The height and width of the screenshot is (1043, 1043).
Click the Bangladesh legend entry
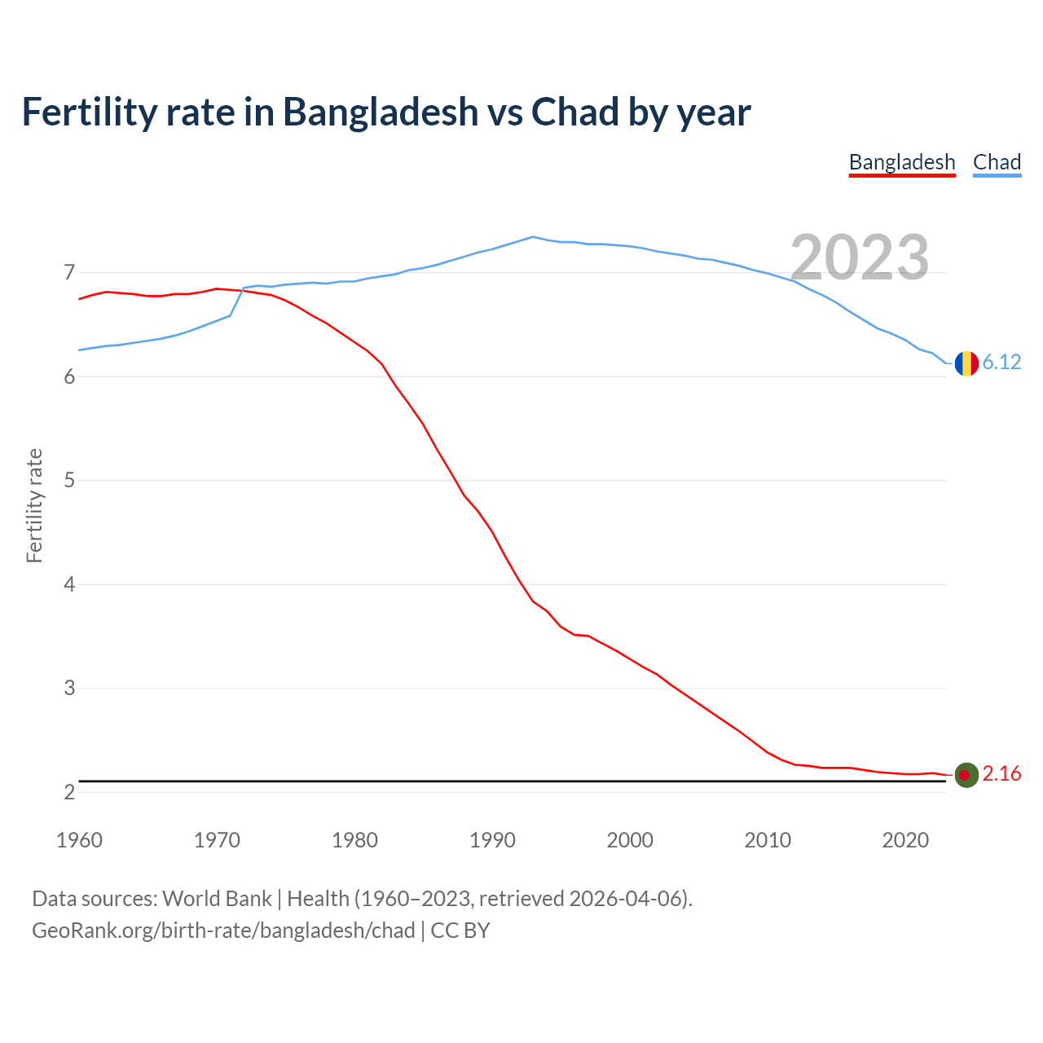pos(902,162)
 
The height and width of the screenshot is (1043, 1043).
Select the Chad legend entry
pos(997,162)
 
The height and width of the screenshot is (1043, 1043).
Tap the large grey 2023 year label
pos(860,257)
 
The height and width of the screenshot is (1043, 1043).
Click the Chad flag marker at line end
pos(966,363)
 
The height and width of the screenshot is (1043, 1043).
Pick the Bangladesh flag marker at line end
pos(966,775)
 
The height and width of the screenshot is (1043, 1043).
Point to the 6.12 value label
pos(1001,363)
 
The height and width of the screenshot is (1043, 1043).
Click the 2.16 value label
pos(1001,774)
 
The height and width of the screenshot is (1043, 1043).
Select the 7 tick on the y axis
pos(69,272)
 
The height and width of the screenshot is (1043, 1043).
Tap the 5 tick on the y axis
pos(69,480)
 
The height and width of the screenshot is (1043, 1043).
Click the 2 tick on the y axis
pos(69,792)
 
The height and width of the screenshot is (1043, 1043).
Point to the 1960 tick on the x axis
pos(79,840)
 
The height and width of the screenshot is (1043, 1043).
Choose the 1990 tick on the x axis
pos(492,840)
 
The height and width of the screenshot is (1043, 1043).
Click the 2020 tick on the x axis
pos(905,840)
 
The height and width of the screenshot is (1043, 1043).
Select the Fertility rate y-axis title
pos(34,505)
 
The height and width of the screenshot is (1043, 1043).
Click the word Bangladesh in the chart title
pos(381,112)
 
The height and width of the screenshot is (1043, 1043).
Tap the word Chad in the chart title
pos(575,112)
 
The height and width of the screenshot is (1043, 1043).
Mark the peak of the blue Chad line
pos(533,237)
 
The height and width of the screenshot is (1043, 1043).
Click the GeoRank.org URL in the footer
pos(223,931)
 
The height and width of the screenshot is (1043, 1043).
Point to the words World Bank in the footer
pos(217,899)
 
